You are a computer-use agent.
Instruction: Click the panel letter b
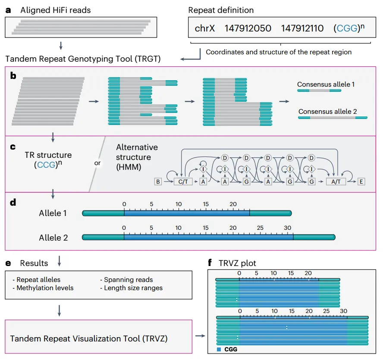(x=13, y=76)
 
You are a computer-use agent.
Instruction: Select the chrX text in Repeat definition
(x=205, y=28)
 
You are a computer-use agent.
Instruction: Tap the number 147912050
(x=248, y=28)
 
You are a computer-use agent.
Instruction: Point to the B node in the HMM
(x=158, y=182)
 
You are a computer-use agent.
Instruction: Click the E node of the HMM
(x=361, y=182)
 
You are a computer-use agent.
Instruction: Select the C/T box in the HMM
(x=183, y=182)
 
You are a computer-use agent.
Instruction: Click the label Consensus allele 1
(x=326, y=85)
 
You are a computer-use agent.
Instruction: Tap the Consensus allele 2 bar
(x=333, y=117)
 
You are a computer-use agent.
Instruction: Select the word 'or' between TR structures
(x=97, y=163)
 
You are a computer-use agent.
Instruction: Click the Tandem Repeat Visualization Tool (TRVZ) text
(x=89, y=338)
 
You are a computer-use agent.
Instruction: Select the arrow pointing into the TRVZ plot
(x=200, y=335)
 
